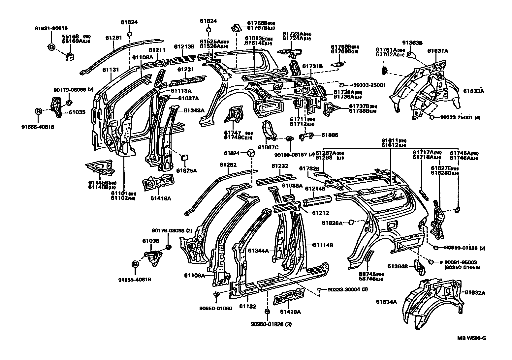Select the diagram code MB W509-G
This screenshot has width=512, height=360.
[x=471, y=338]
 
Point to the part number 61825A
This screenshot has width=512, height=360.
[x=186, y=170]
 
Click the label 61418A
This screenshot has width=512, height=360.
[x=161, y=198]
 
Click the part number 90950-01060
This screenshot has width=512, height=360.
[x=215, y=308]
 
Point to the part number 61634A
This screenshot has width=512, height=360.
[x=387, y=301]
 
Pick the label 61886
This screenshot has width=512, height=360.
[x=330, y=135]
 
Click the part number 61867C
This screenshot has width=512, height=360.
[x=268, y=147]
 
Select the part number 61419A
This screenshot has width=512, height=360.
[x=291, y=312]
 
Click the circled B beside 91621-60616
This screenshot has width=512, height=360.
[x=51, y=47]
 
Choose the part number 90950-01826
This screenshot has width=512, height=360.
[x=268, y=324]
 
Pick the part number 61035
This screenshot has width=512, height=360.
[x=77, y=112]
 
